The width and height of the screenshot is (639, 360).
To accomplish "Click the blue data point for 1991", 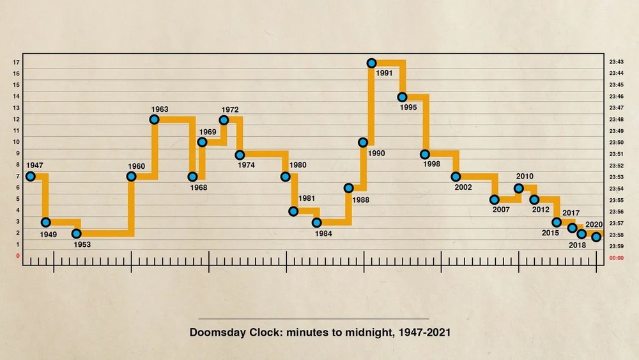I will coord(371,63).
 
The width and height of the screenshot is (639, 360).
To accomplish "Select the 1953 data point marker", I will coord(77,233).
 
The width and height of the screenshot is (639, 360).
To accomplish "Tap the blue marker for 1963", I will coord(154,120).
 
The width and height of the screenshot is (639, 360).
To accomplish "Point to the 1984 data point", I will coord(317,223).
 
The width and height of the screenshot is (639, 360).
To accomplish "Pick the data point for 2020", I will coord(596,237).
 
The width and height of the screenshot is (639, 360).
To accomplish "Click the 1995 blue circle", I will coord(402,97).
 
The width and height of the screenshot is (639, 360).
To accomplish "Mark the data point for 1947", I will coord(30,176).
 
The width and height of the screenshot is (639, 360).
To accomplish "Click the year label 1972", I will coord(230,109).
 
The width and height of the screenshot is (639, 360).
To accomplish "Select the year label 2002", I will coord(463,187).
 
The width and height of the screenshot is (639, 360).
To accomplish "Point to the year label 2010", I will coord(525,176).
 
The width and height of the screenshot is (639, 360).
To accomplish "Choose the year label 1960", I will coord(136,166).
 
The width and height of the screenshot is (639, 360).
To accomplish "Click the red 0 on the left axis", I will coord(18,256).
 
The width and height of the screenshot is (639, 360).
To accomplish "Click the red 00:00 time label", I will coord(617,258).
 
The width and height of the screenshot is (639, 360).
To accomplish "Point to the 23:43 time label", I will coord(617,62).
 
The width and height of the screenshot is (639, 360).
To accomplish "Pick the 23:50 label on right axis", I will coord(617,142).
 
